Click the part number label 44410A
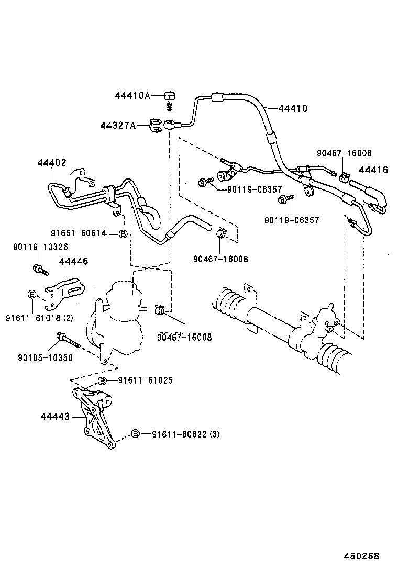click(132, 95)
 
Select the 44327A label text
click(118, 125)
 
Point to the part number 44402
click(52, 163)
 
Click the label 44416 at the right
click(373, 170)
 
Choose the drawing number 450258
click(361, 556)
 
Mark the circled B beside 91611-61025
click(103, 380)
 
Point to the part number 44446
click(73, 261)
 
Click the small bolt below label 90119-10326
click(40, 270)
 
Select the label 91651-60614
click(79, 233)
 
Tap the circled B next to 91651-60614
click(123, 234)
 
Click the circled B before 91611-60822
click(135, 434)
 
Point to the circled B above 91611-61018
click(31, 294)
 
